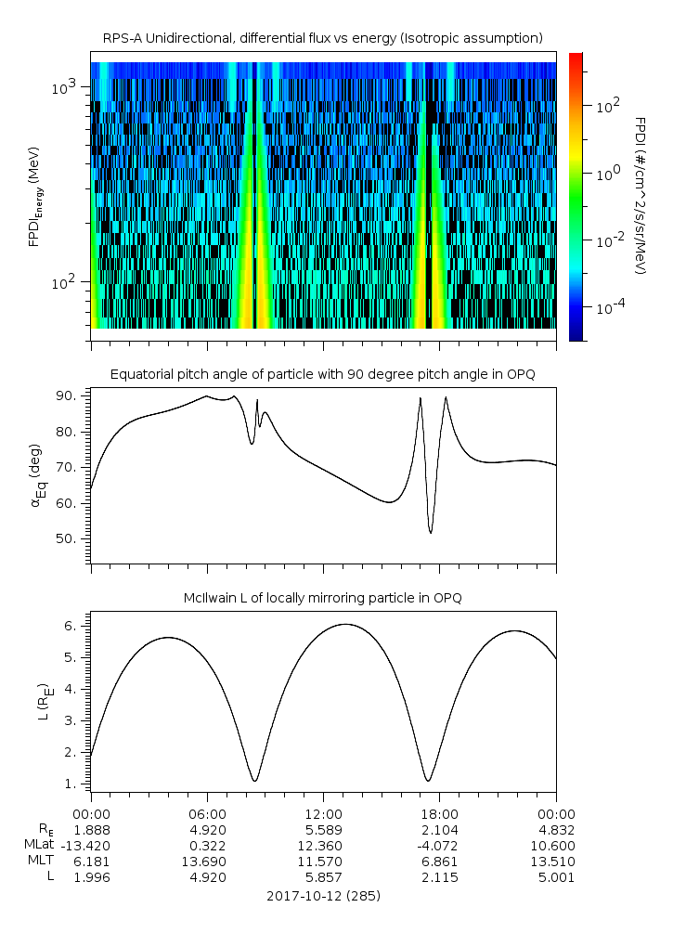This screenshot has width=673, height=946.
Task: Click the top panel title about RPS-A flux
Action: (323, 38)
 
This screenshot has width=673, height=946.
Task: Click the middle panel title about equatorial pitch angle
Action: (323, 374)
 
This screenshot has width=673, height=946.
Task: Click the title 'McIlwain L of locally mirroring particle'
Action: (323, 597)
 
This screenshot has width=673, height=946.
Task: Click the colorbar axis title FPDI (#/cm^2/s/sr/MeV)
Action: (641, 195)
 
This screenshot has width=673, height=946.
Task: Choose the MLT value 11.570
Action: (323, 862)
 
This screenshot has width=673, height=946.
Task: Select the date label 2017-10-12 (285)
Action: (323, 896)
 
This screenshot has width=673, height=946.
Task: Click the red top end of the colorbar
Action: (576, 58)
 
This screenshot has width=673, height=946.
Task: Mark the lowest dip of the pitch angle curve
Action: (431, 532)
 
